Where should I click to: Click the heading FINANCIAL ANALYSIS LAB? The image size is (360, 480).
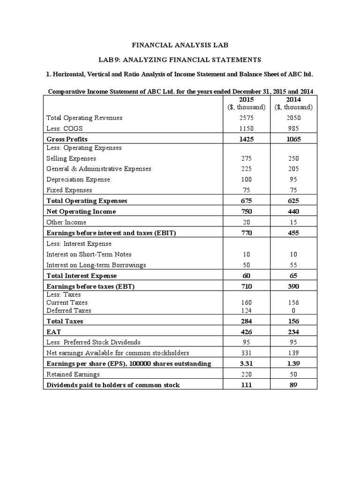[180, 45]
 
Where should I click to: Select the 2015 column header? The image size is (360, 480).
[246, 100]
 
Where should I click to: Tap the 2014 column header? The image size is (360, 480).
[293, 100]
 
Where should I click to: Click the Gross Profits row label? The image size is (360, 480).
[67, 139]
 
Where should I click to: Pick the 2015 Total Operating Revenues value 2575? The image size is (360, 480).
[246, 118]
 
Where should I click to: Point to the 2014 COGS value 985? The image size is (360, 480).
[293, 128]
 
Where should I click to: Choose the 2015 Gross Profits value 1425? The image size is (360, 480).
[246, 139]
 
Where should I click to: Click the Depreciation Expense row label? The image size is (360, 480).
[78, 180]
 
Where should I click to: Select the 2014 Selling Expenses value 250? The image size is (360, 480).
[293, 159]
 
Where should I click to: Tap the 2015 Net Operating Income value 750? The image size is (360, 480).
[246, 211]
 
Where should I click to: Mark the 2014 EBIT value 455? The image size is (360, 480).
[293, 232]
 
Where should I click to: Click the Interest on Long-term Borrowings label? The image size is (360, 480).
[96, 265]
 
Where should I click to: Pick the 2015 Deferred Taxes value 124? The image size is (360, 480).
[246, 310]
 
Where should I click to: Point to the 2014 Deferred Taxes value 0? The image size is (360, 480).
[293, 310]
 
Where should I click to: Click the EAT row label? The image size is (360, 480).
[53, 332]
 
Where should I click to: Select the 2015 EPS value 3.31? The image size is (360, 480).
[246, 364]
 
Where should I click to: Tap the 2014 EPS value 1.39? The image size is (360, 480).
[293, 364]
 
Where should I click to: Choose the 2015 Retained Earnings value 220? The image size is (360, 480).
[246, 374]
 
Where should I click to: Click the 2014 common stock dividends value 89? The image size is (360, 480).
[293, 385]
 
